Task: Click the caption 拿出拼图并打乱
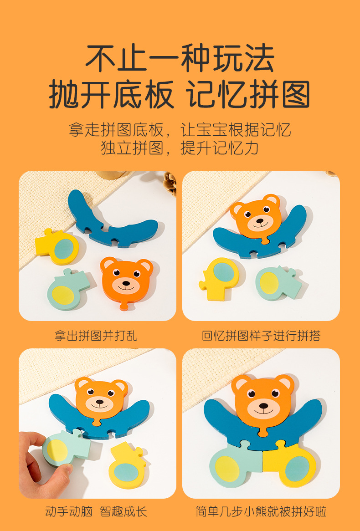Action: click(x=96, y=336)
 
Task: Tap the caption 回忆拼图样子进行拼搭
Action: click(x=261, y=336)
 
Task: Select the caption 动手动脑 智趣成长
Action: click(x=96, y=511)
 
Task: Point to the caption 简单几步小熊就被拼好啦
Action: click(x=261, y=511)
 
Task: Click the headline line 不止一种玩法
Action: click(x=180, y=58)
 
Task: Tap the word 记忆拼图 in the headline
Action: click(x=248, y=94)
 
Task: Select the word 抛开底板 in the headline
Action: click(x=112, y=94)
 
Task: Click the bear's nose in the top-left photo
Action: click(x=126, y=283)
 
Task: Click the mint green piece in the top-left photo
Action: click(x=68, y=290)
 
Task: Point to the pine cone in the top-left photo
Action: click(x=170, y=183)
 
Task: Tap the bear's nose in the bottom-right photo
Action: click(x=263, y=405)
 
